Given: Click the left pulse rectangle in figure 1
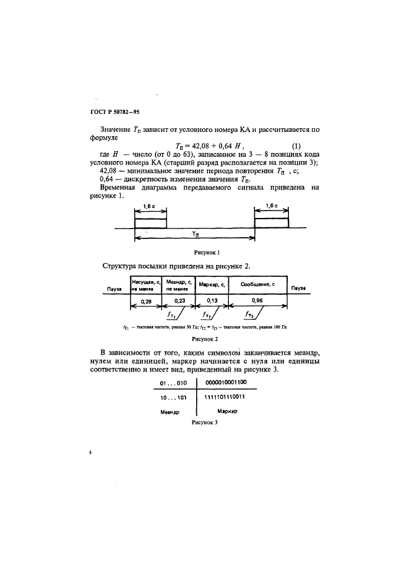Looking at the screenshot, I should (150, 222).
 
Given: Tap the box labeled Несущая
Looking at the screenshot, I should (146, 284).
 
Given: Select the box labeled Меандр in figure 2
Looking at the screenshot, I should (178, 284).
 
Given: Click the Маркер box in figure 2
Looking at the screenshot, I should (211, 285).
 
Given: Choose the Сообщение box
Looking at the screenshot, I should (257, 285).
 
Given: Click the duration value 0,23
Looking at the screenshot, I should (178, 300).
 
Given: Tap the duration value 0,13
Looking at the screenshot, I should (211, 300).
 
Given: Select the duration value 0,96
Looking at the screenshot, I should (257, 300).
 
